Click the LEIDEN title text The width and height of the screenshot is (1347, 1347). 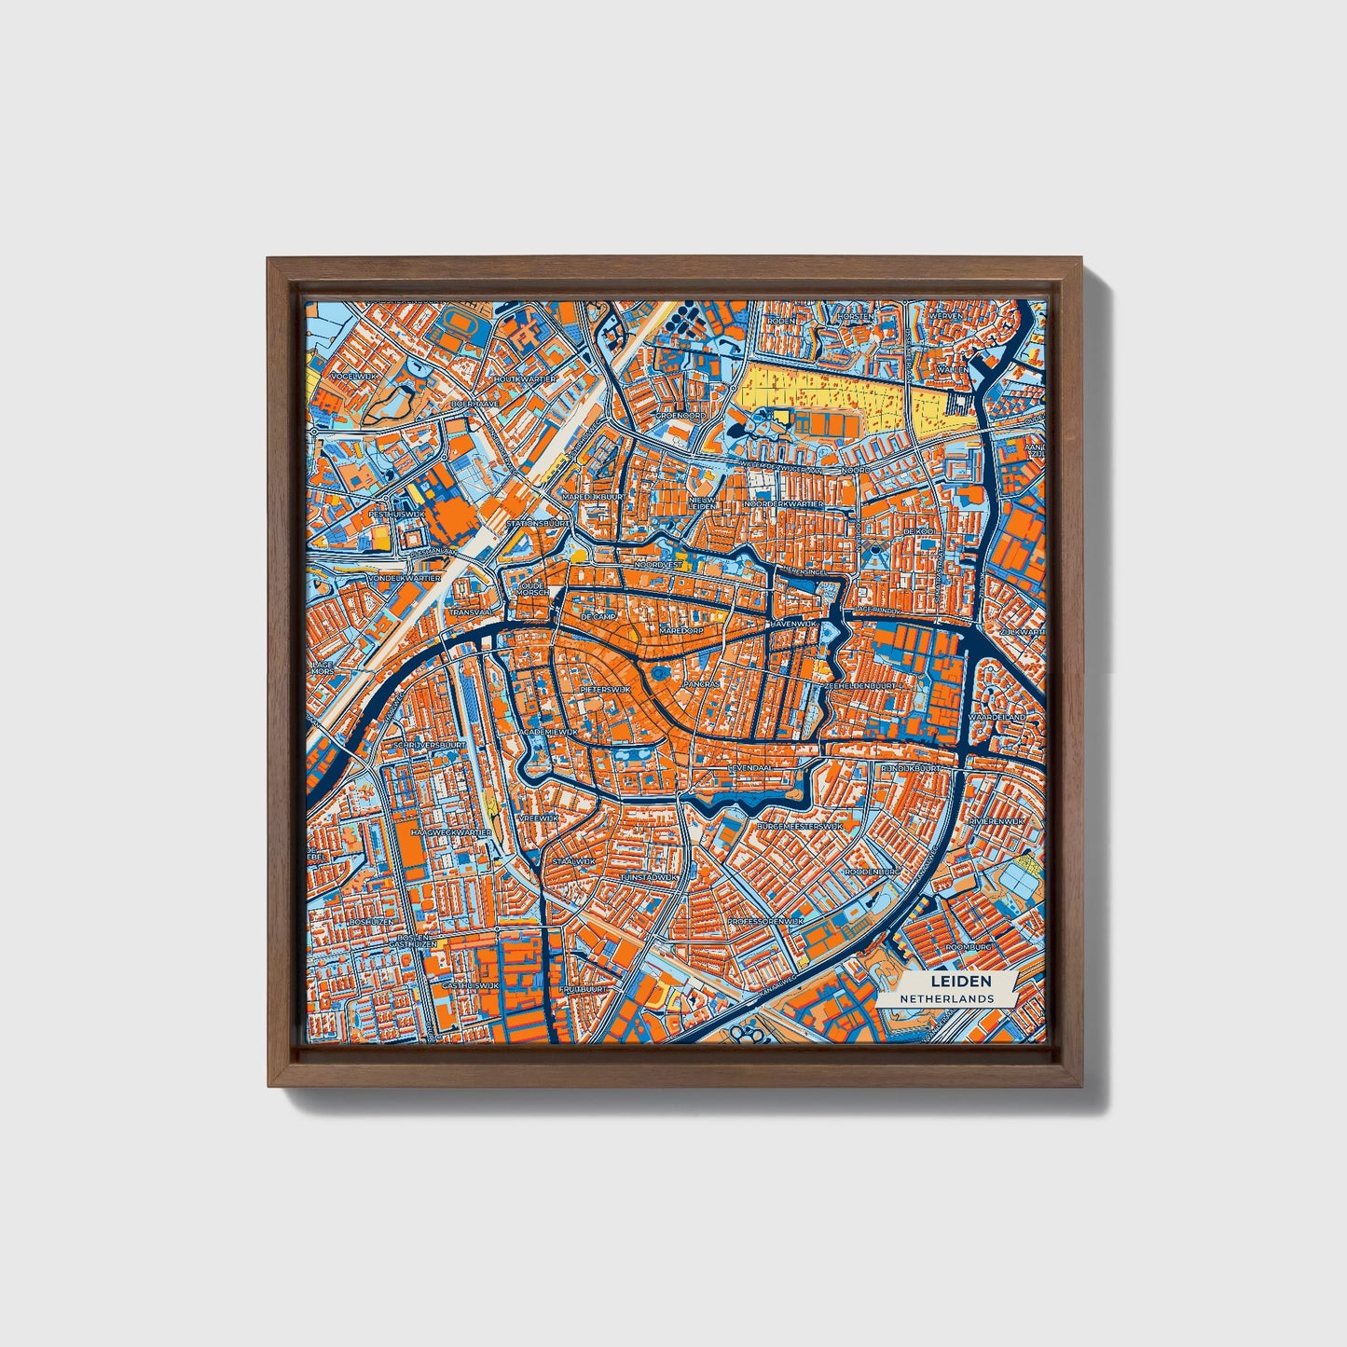click(x=960, y=982)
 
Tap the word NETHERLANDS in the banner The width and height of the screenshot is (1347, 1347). click(x=946, y=998)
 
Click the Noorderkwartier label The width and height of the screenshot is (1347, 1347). click(x=783, y=503)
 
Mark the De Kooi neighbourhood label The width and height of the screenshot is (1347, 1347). click(x=919, y=531)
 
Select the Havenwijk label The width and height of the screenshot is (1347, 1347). click(x=793, y=622)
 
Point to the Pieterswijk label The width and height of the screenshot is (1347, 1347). click(x=606, y=689)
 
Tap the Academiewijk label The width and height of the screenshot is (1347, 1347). click(x=550, y=733)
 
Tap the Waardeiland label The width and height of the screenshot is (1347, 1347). click(x=996, y=717)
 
